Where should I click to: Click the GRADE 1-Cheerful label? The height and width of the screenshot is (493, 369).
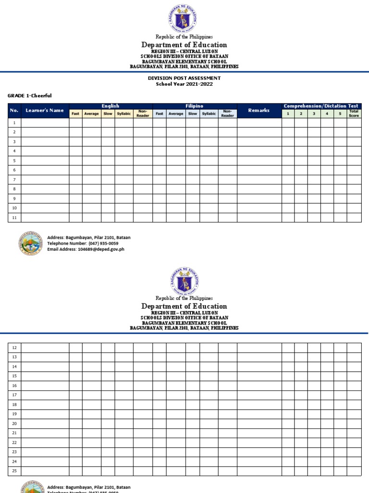tap(29, 96)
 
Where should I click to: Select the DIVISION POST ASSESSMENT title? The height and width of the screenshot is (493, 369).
tap(184, 78)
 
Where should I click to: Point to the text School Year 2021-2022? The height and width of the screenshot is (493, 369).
tap(184, 84)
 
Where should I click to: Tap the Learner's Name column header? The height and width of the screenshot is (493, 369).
tap(45, 111)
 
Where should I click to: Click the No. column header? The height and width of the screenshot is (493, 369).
tap(14, 111)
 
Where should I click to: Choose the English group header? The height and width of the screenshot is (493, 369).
tap(111, 106)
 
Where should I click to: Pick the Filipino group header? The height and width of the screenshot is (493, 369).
tap(195, 106)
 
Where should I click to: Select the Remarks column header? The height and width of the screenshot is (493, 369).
tap(259, 111)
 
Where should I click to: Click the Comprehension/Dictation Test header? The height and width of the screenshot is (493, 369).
tap(321, 106)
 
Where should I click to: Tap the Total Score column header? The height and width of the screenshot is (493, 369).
tap(354, 114)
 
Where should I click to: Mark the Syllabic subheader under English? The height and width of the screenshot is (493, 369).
tap(124, 114)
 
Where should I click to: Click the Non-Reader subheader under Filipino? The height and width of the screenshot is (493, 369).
tap(227, 114)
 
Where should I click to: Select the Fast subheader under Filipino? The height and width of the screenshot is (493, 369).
tap(160, 114)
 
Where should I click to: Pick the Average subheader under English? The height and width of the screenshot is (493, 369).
tap(91, 114)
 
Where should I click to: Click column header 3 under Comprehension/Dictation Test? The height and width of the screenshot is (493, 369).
tap(314, 114)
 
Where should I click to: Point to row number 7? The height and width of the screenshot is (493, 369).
tap(14, 180)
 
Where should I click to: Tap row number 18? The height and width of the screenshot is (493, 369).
tap(14, 404)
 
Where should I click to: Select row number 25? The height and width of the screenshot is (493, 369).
tap(14, 471)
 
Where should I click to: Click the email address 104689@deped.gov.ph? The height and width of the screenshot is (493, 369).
tap(101, 249)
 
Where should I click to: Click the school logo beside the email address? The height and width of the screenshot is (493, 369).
tap(31, 243)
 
